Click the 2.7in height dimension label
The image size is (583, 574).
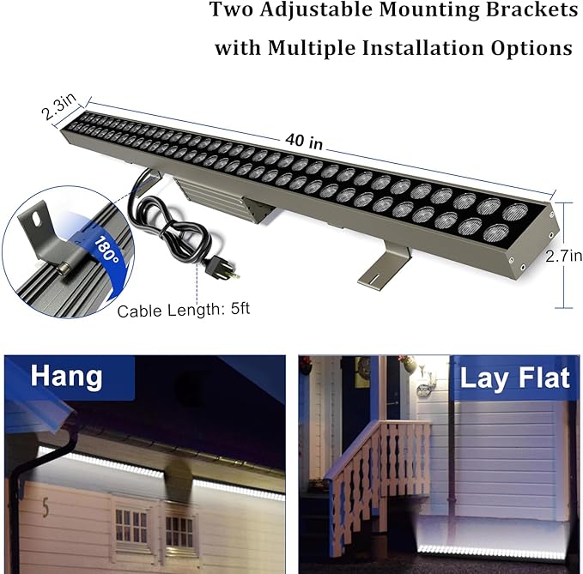tap(563, 256)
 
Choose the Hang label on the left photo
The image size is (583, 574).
tap(66, 376)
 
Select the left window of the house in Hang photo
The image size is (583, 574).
tap(131, 525)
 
